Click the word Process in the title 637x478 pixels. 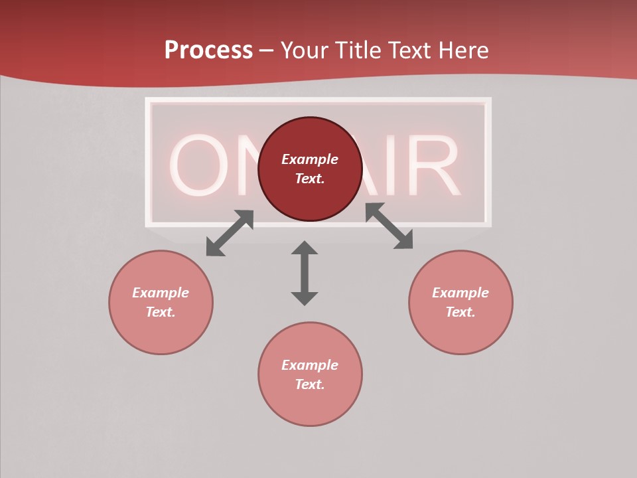coord(208,50)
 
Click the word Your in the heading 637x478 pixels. coord(306,50)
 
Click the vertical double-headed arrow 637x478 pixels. coord(305,274)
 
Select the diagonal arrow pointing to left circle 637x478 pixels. coord(230,233)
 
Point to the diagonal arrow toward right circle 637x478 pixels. coord(389,226)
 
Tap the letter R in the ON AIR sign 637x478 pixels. coord(435,166)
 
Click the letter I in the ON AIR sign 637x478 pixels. coord(391,166)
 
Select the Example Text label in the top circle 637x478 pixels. coord(310,169)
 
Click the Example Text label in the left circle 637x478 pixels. coord(161,302)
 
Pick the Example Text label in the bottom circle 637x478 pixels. coord(310,374)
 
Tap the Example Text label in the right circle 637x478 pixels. coord(460,302)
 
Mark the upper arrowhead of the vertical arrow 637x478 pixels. coord(305,248)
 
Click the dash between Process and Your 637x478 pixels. coord(267,51)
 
